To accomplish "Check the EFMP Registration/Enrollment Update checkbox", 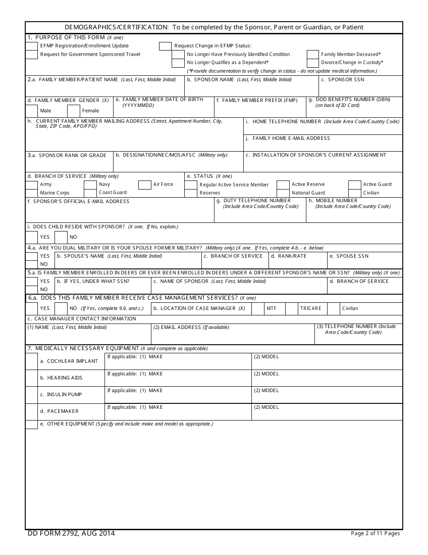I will tap(32, 46).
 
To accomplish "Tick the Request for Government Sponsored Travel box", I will tap(32, 55).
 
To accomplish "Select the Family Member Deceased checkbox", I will tap(313, 55).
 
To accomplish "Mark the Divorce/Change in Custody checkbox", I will tap(313, 63).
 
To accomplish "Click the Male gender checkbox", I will tap(32, 111).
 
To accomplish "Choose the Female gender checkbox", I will tap(73, 111).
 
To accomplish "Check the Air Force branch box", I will tap(145, 185).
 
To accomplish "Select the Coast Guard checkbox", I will tap(91, 193).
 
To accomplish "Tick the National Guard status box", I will tap(283, 193).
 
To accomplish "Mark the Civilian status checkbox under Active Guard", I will tap(355, 193).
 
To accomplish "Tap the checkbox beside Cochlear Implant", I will tap(32, 361).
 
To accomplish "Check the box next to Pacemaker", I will tap(32, 412).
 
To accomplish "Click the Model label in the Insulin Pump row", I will tap(266, 391).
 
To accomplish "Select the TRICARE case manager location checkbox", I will tap(292, 309).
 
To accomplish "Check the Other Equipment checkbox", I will tap(32, 425).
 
